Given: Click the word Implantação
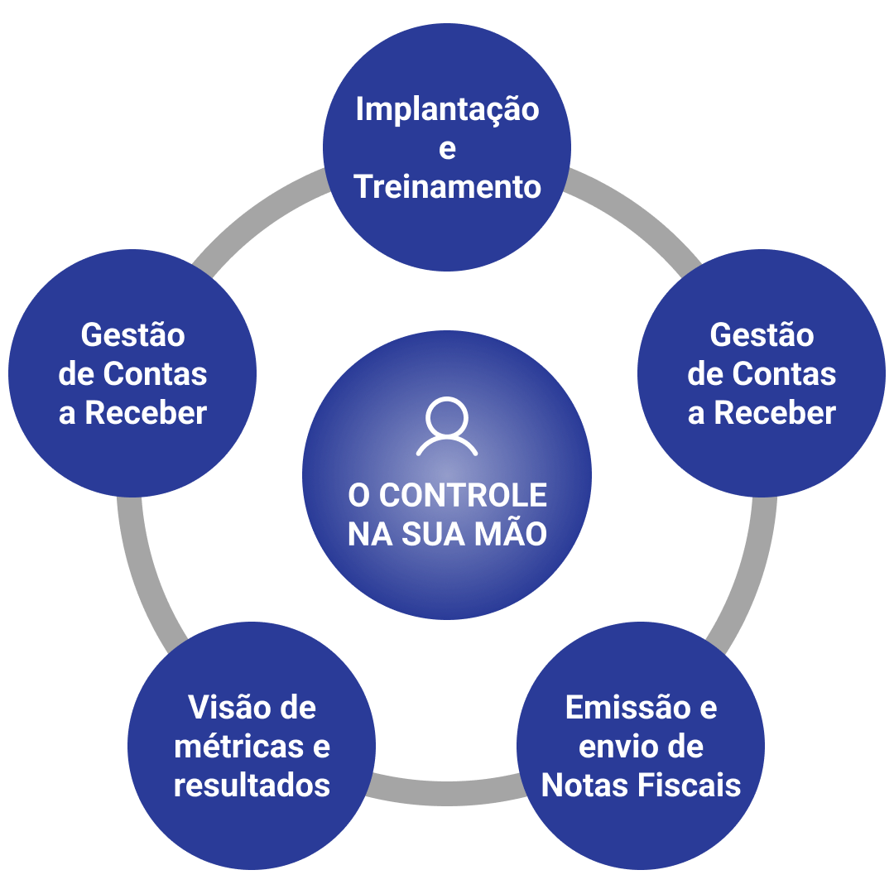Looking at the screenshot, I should pos(447,110).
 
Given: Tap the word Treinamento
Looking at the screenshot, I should pos(447,187).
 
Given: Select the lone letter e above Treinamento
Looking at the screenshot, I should pos(447,150).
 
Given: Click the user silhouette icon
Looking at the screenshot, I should pos(447,426).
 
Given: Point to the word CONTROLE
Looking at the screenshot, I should pos(463,496).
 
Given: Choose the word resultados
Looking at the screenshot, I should pos(252,785).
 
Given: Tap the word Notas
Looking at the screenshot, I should pos(584,785).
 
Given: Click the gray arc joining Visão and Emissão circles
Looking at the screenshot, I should pos(447,791).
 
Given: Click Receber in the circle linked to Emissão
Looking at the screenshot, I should pos(775,413).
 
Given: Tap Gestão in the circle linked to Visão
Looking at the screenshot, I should pos(132,335).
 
